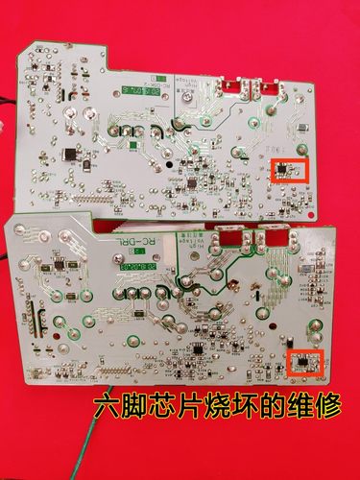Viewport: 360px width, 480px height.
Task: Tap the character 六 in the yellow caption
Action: [107, 407]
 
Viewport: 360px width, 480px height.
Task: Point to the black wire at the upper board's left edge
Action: [8, 100]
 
